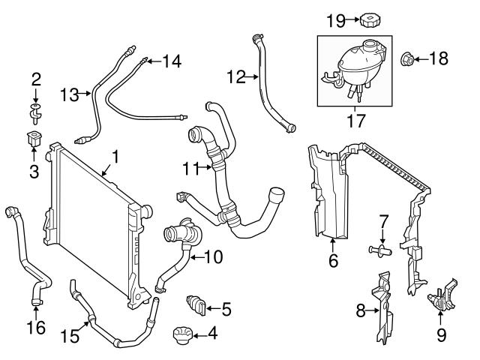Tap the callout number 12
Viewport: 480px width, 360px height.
(x=235, y=76)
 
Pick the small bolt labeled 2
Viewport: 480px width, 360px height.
(x=34, y=112)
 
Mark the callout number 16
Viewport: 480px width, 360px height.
(x=34, y=327)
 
